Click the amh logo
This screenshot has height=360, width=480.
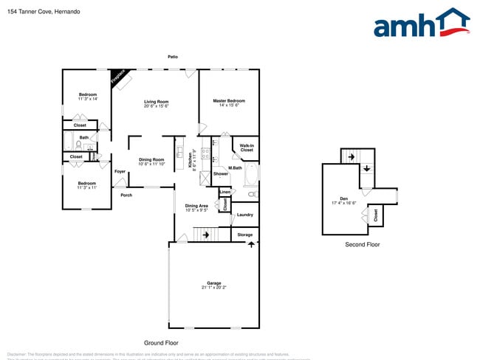[x=421, y=24]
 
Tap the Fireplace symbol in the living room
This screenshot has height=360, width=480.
[x=119, y=77]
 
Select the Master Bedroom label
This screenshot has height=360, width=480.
[x=229, y=101]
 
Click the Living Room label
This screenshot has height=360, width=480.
[x=157, y=102]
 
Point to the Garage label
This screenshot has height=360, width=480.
[x=214, y=283]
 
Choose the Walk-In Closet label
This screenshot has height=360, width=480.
[x=247, y=148]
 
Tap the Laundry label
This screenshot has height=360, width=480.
[x=244, y=215]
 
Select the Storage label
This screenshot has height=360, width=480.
[x=244, y=235]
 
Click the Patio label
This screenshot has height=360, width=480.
[x=173, y=56]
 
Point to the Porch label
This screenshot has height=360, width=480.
[x=126, y=195]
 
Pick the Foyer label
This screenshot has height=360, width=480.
[x=120, y=171]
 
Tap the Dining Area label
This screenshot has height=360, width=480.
[x=196, y=206]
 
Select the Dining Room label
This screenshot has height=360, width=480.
[x=151, y=159]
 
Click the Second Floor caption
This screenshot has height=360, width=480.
[x=362, y=244]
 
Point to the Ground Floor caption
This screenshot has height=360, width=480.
[x=161, y=343]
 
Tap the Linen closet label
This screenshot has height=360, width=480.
[x=225, y=192]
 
